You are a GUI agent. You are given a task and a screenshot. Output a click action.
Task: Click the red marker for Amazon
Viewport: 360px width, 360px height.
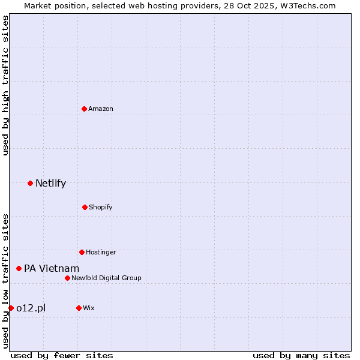click(x=84, y=109)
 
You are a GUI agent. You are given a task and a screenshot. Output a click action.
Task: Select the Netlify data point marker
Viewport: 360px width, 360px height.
click(x=30, y=183)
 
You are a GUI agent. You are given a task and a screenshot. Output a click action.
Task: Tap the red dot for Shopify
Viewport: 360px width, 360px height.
click(x=85, y=207)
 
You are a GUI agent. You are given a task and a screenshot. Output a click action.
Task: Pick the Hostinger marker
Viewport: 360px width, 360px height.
click(x=82, y=252)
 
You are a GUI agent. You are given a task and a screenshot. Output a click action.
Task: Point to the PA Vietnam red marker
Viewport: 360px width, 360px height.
click(x=19, y=268)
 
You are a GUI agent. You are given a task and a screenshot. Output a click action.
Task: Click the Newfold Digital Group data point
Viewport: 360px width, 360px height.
click(x=67, y=278)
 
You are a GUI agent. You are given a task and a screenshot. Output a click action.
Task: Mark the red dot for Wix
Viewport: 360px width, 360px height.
click(x=79, y=308)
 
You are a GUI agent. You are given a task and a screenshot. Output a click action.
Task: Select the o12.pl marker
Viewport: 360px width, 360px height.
click(x=11, y=308)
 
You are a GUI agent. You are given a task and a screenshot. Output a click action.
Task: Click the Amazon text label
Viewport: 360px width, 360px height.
click(x=101, y=109)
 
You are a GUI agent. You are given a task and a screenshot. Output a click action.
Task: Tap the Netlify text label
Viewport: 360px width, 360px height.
click(x=50, y=184)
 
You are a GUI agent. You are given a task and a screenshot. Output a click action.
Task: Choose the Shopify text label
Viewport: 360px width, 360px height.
click(x=100, y=207)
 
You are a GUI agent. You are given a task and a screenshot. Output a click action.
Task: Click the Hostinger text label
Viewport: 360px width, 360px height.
click(x=101, y=252)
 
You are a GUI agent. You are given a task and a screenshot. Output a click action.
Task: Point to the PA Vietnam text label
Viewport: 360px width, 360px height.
click(x=52, y=269)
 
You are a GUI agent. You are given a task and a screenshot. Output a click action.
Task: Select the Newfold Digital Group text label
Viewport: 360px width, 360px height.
click(x=106, y=278)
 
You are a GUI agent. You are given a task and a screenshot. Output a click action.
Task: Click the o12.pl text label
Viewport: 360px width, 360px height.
click(x=31, y=308)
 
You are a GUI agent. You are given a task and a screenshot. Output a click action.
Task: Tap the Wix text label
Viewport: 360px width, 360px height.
click(x=89, y=308)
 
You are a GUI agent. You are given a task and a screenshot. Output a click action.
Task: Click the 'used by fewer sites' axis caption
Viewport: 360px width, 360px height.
click(x=62, y=355)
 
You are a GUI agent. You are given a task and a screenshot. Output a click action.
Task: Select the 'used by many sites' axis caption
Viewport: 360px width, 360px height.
click(x=301, y=355)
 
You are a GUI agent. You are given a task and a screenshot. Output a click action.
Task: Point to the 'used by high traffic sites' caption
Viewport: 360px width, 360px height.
click(x=5, y=85)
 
